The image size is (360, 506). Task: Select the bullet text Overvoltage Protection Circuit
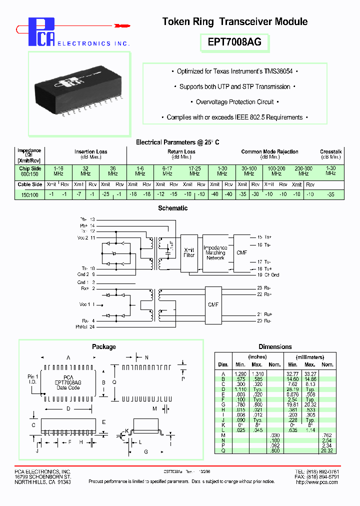point(235,102)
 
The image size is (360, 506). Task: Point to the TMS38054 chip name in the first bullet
point(277,71)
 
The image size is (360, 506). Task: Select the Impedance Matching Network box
point(215,252)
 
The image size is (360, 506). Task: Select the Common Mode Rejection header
point(269,151)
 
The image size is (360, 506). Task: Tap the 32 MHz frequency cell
point(85,171)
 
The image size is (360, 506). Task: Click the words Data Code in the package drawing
point(68,387)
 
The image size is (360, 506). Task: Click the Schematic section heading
point(172,208)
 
